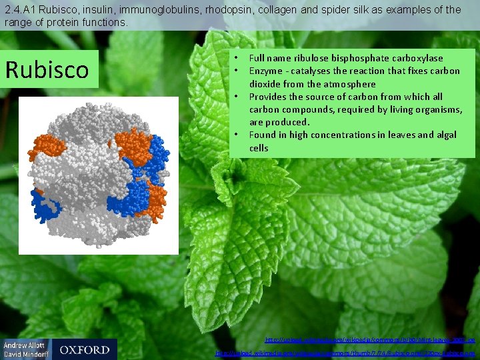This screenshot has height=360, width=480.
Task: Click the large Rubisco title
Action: tap(47, 69)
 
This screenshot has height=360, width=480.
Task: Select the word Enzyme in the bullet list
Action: tap(265, 71)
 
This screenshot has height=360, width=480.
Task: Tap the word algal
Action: tap(445, 135)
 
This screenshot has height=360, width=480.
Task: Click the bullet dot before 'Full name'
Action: tap(237, 58)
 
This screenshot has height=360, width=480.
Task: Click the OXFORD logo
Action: tap(84, 349)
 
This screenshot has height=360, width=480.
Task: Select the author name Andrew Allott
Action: tap(26, 345)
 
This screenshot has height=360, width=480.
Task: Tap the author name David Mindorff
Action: tap(26, 354)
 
